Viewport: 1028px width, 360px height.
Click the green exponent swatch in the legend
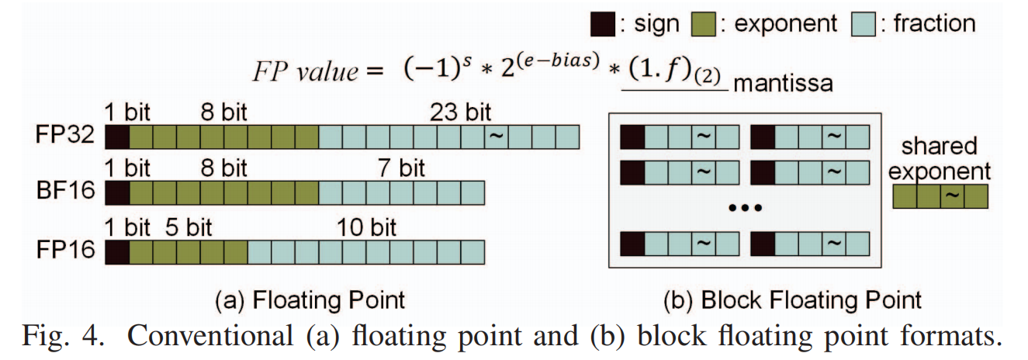tap(703, 24)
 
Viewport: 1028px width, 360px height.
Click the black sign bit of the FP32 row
tap(116, 137)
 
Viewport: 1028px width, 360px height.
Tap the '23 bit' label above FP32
tap(462, 112)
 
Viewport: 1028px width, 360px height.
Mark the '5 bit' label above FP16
tap(189, 227)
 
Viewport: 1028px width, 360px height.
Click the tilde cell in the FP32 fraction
tap(496, 137)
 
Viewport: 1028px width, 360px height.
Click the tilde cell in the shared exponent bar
tap(952, 197)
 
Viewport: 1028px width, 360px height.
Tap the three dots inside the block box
tap(746, 208)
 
